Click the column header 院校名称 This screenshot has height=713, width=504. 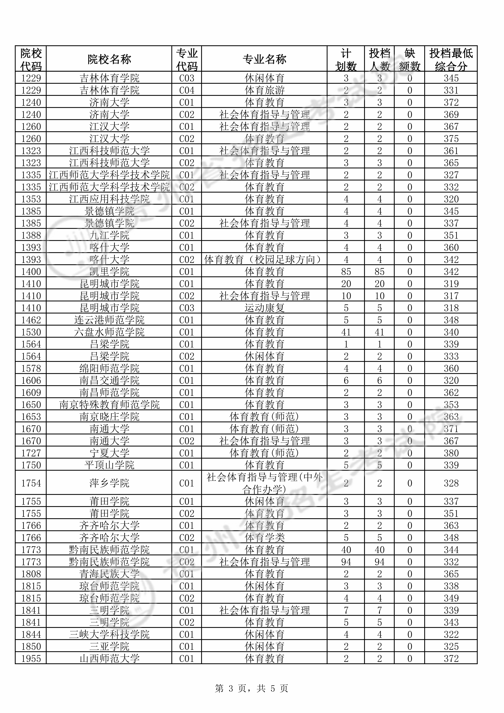click(x=109, y=59)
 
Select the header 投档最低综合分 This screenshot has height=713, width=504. click(x=451, y=59)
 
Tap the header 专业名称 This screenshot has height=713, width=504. click(x=264, y=59)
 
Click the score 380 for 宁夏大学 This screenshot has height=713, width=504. click(x=451, y=453)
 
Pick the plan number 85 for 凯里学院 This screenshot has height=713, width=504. click(x=346, y=272)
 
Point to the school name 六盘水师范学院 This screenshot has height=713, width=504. click(x=109, y=332)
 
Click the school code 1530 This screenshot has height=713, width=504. click(x=31, y=332)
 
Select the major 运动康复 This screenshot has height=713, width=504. click(x=264, y=308)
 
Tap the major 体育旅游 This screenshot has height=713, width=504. click(x=264, y=90)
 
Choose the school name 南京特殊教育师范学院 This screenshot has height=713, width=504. click(x=109, y=405)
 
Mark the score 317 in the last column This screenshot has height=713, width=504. click(x=451, y=296)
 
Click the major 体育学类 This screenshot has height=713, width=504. click(x=264, y=538)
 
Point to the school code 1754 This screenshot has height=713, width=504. click(x=31, y=483)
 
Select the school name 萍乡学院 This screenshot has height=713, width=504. click(x=109, y=483)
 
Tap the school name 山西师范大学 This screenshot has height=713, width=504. click(x=109, y=659)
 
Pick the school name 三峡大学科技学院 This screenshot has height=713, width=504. click(x=109, y=634)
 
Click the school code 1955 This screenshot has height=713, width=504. click(x=31, y=659)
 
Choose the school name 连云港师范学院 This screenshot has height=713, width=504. click(x=109, y=320)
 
